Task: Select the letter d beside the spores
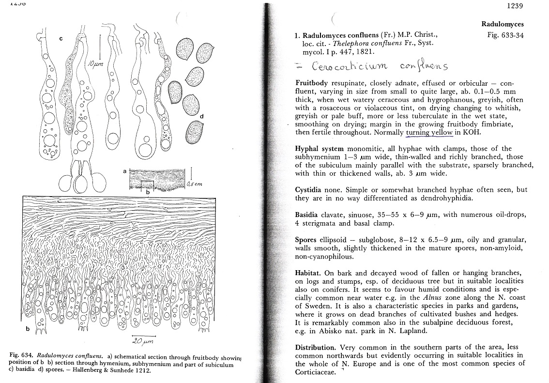point(202,116)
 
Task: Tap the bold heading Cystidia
point(309,190)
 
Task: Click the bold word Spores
point(306,240)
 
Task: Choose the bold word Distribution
point(315,347)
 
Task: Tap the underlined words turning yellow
point(429,132)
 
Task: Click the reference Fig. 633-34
point(505,35)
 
